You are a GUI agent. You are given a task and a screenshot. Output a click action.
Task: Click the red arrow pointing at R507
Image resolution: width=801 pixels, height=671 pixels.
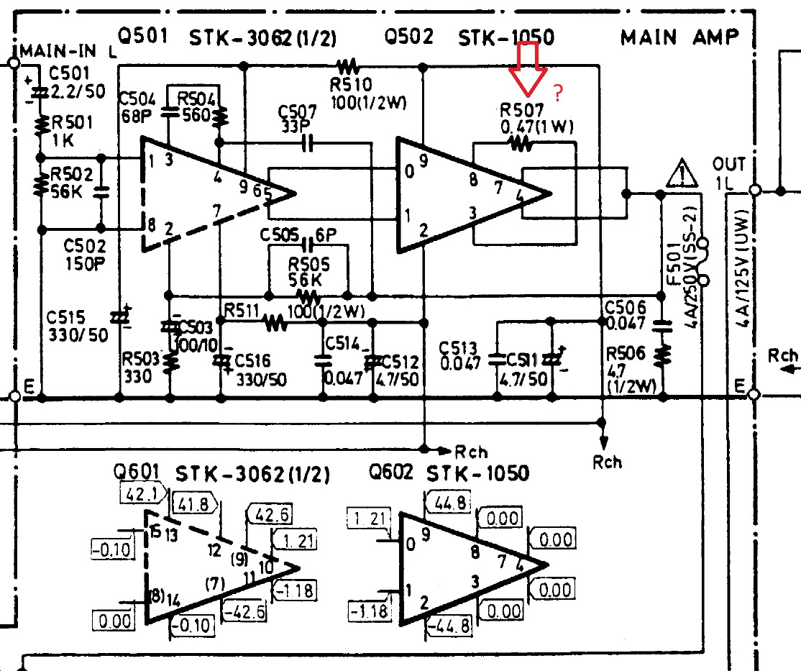click(x=528, y=69)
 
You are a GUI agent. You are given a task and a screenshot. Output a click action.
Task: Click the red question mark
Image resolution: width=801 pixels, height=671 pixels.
click(x=558, y=93)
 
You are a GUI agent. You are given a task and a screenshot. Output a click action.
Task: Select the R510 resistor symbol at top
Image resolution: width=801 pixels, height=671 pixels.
click(x=349, y=67)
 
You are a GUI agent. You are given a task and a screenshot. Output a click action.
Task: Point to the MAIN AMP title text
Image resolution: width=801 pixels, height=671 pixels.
click(x=679, y=38)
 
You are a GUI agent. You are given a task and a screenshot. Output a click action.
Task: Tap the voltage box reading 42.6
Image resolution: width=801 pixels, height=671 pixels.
click(x=269, y=515)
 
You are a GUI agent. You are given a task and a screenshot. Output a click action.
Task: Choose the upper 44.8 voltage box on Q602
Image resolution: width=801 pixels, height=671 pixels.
click(x=449, y=502)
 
